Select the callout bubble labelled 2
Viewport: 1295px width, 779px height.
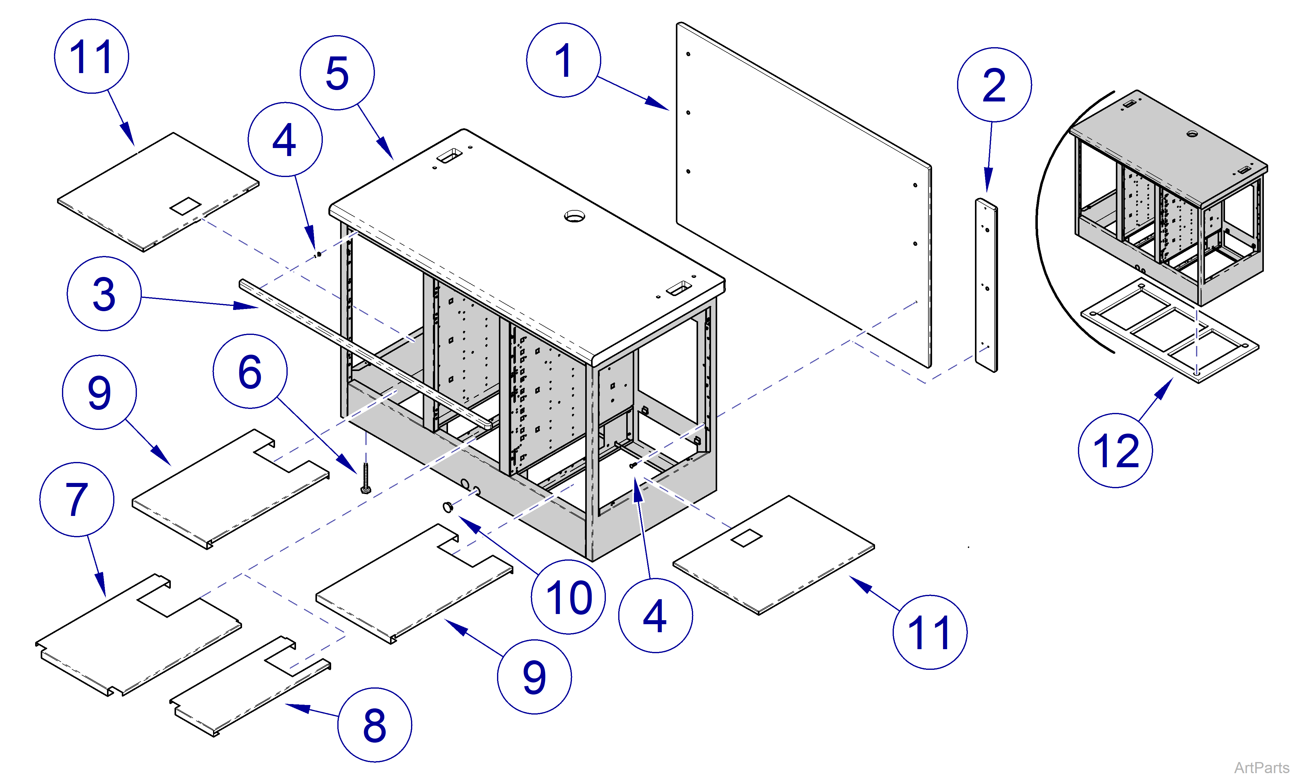pos(994,85)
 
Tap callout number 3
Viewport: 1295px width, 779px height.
pos(104,294)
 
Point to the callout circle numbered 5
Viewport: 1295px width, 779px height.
pos(337,73)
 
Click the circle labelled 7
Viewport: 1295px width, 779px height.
pos(76,500)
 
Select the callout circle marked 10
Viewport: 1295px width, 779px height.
pos(568,597)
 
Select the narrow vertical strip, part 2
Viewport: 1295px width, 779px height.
pos(986,286)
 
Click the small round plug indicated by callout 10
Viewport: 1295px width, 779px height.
pos(448,507)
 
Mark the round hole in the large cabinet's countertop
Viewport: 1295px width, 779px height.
pos(574,216)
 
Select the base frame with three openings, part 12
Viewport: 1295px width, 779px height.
pos(1170,331)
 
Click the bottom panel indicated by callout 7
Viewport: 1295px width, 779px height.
pos(139,635)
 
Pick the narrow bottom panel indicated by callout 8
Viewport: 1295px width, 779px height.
pos(249,688)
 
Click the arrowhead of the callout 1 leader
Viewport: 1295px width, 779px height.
pos(659,105)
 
